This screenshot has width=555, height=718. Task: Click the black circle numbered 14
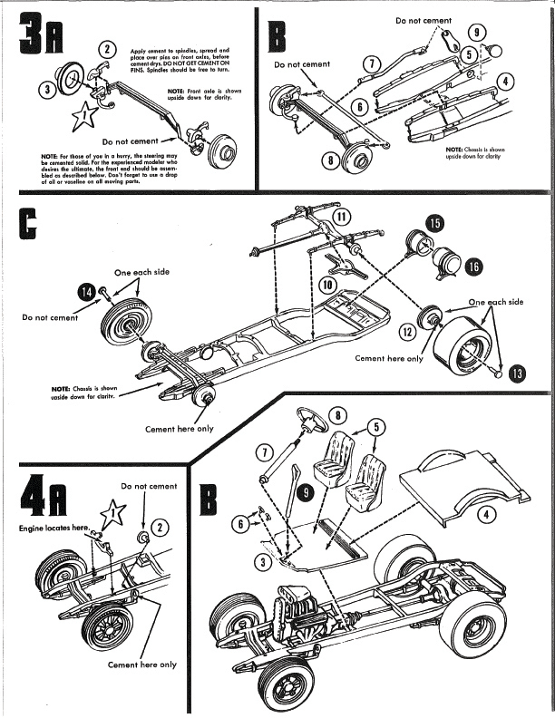pos(86,291)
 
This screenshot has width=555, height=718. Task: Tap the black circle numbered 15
pos(435,223)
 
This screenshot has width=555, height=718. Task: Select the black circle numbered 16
pos(472,266)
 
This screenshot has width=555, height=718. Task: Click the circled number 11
pos(341,217)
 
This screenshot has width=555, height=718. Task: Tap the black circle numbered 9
pos(306,491)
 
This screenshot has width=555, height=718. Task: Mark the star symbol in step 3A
pos(83,115)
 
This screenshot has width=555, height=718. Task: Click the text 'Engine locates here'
pos(53,527)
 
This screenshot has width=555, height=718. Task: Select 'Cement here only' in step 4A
pos(142,665)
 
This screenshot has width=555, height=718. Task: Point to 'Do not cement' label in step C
pos(50,317)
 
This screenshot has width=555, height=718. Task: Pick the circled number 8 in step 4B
pos(336,415)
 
